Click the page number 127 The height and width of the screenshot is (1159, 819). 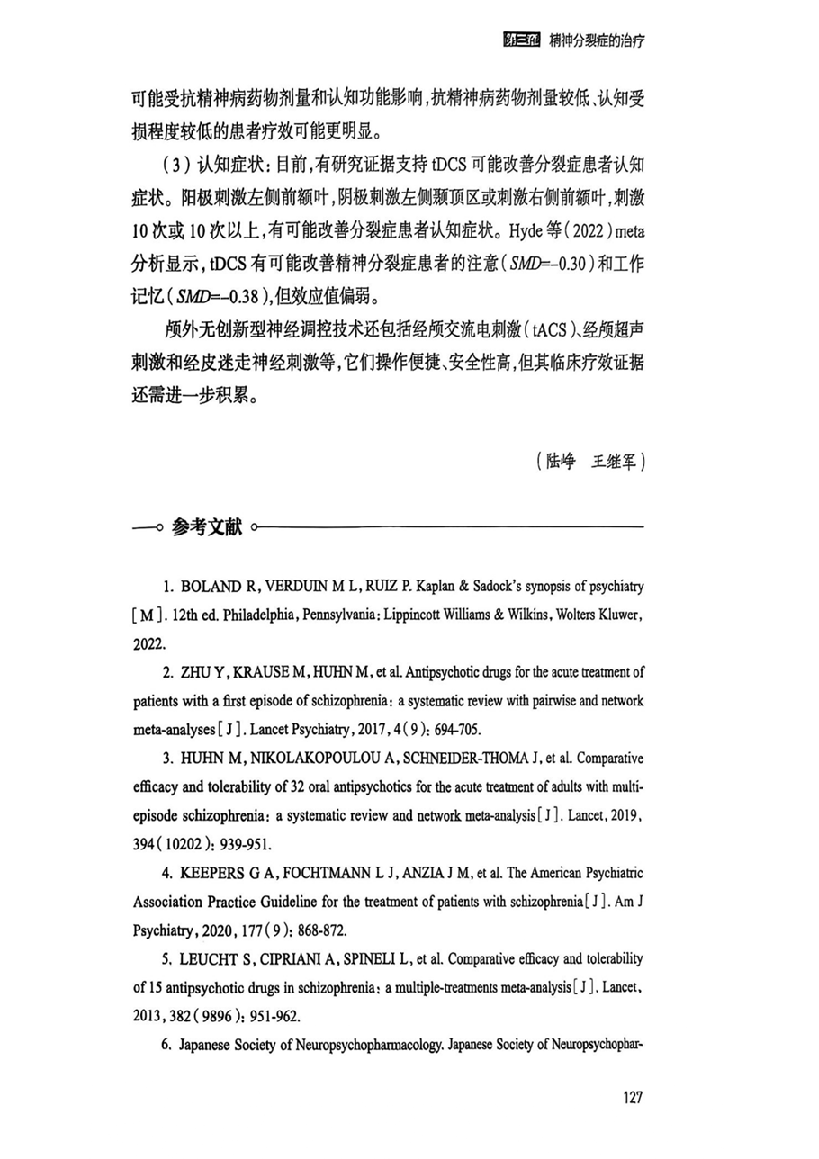(x=632, y=1098)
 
